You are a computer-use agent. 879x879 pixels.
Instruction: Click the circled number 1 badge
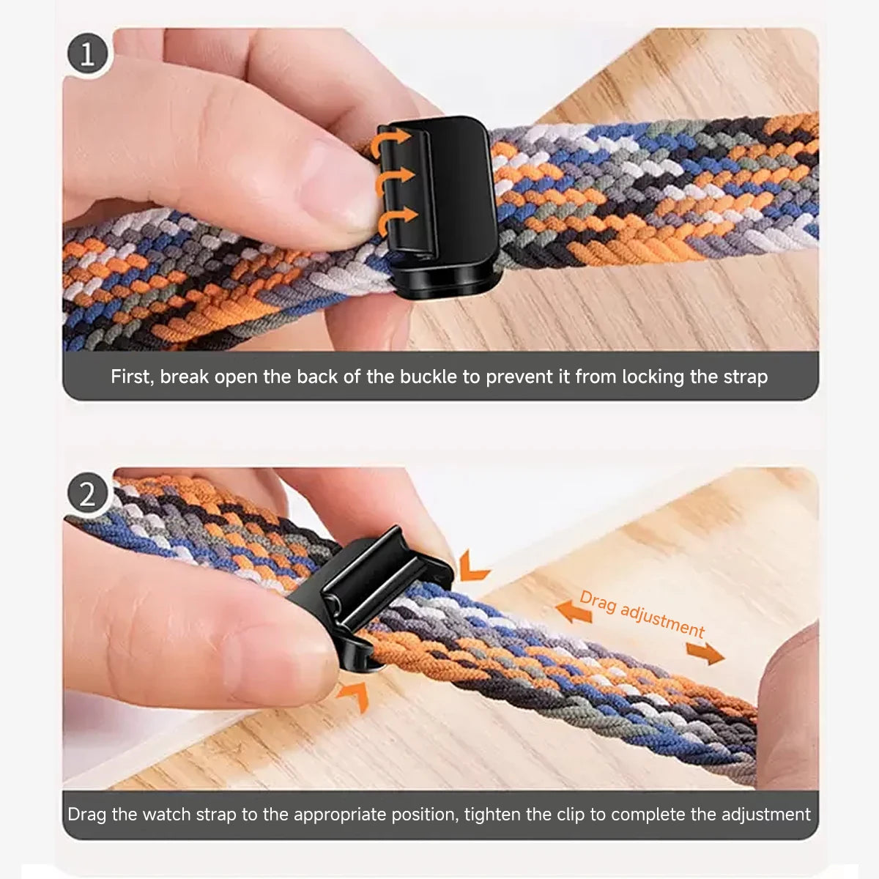[x=88, y=54]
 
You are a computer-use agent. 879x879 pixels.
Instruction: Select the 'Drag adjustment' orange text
[x=642, y=614]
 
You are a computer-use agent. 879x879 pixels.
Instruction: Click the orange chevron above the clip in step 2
[x=472, y=566]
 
